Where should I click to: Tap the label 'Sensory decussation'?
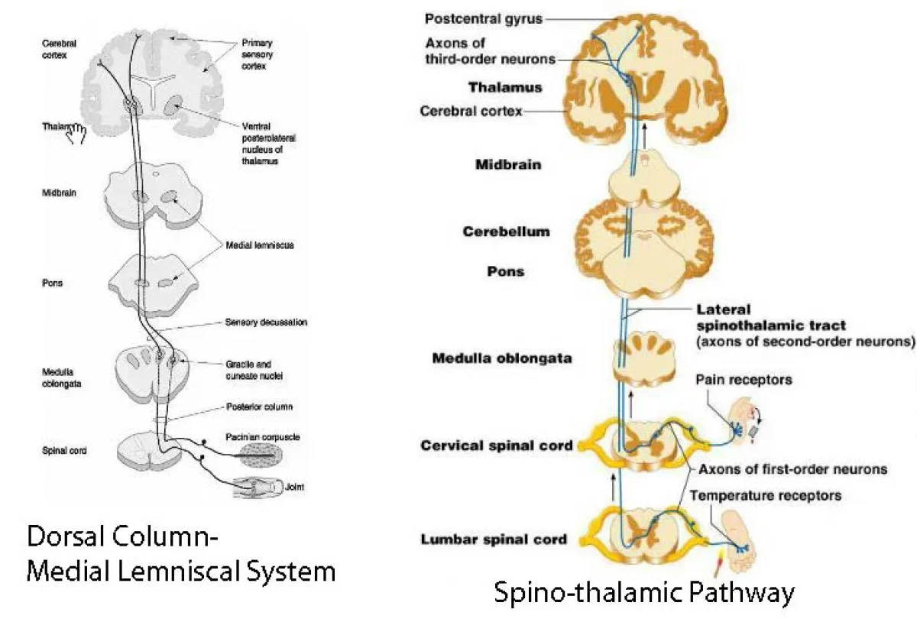[x=267, y=322]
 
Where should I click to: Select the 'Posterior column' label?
[x=259, y=407]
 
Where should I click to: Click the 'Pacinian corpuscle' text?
[x=262, y=436]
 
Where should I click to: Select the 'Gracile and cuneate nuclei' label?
[x=251, y=370]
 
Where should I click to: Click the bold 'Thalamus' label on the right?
[x=505, y=87]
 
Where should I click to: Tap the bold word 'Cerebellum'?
[x=506, y=232]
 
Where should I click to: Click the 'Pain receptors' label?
[x=744, y=379]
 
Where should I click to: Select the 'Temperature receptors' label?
[x=765, y=495]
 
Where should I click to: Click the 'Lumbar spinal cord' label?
[x=494, y=539]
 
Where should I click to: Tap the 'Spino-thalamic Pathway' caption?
[x=644, y=592]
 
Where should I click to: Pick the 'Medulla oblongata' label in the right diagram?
[x=501, y=358]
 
